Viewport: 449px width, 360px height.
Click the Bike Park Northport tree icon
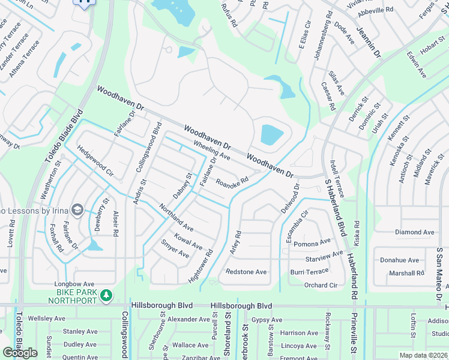click(106, 295)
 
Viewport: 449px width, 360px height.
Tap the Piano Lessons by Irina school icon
click(77, 209)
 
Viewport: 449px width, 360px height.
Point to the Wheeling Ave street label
click(211, 151)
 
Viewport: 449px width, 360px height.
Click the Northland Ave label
click(176, 218)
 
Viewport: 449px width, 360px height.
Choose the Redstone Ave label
click(246, 272)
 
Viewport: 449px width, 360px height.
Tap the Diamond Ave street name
click(414, 232)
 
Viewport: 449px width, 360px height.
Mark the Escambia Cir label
click(297, 227)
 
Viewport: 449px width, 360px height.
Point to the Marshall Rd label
click(406, 273)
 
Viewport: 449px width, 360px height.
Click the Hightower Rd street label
click(201, 266)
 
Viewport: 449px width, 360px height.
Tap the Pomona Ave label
click(313, 242)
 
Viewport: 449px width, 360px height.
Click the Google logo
click(20, 353)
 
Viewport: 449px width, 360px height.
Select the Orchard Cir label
click(321, 285)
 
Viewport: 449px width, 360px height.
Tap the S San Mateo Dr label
click(439, 265)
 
